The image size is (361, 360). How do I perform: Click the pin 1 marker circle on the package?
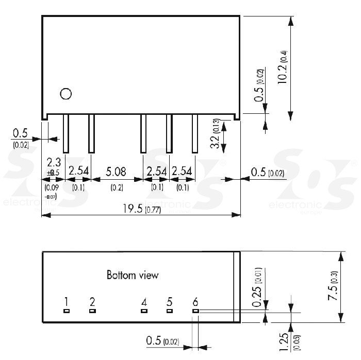click(65, 94)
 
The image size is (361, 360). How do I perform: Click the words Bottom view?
click(133, 275)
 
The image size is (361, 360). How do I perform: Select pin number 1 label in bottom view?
click(66, 302)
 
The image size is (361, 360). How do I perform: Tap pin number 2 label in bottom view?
click(92, 302)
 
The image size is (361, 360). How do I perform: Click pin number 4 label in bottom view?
click(144, 302)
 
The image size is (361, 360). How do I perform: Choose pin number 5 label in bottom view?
click(169, 302)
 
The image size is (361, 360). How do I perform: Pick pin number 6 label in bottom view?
click(195, 302)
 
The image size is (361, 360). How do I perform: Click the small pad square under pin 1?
click(66, 311)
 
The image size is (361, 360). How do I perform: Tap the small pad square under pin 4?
click(144, 311)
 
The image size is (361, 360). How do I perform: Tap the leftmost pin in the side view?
click(66, 133)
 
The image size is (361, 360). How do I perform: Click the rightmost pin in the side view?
click(195, 133)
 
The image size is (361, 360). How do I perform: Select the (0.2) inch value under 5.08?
click(117, 188)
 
